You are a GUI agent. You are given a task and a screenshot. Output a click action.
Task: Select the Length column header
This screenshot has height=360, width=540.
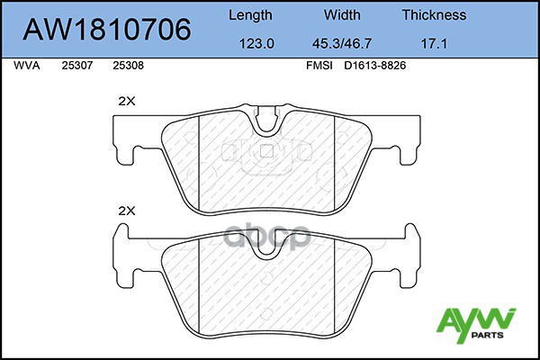pyautogui.click(x=251, y=15)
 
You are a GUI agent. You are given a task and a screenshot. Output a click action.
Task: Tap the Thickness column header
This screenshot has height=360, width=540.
pyautogui.click(x=434, y=15)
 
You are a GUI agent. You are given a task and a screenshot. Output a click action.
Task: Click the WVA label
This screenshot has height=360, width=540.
pyautogui.click(x=27, y=66)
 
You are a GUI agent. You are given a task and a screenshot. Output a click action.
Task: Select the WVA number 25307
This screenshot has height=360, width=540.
pyautogui.click(x=76, y=66)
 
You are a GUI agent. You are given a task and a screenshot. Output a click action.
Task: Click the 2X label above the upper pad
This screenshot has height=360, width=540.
pyautogui.click(x=126, y=102)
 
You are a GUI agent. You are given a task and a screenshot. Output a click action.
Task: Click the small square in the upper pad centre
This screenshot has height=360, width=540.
pyautogui.click(x=265, y=150)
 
